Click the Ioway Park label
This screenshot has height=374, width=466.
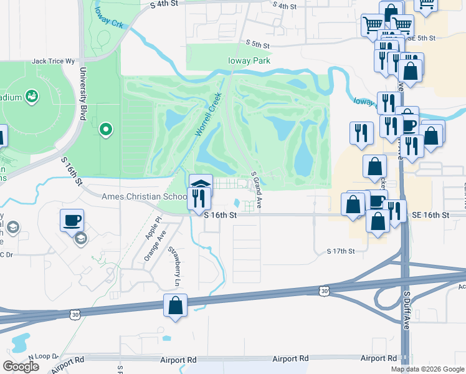click(x=249, y=61)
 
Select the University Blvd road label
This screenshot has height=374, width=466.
click(x=81, y=91)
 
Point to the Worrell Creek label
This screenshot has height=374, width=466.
click(x=209, y=114)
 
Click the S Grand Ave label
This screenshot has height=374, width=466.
click(x=256, y=190)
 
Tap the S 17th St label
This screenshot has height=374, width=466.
click(x=340, y=251)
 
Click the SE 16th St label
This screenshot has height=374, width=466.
click(x=430, y=215)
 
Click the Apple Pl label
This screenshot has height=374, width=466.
click(x=152, y=229)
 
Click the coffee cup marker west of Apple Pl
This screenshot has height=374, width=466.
click(x=72, y=220)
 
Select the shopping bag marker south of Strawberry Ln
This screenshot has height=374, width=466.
click(x=175, y=306)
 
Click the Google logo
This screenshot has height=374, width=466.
click(x=21, y=367)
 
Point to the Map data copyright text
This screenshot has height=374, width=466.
click(x=427, y=369)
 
